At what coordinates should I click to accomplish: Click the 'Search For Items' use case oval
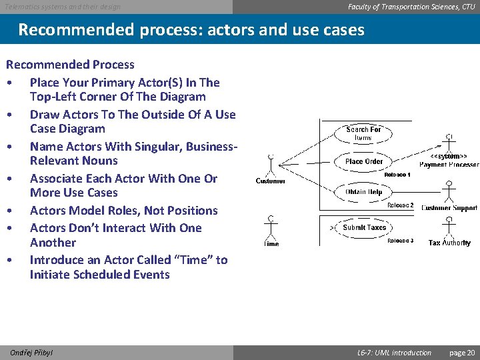[363, 133]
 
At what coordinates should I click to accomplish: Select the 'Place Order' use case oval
[364, 161]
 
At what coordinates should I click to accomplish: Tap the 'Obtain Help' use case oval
[364, 193]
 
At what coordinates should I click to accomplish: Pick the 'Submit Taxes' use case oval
[364, 227]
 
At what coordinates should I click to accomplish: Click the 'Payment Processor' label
[449, 165]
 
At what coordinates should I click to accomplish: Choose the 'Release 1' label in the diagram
[397, 175]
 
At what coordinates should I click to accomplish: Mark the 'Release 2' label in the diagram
[400, 205]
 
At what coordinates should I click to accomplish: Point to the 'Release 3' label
[400, 241]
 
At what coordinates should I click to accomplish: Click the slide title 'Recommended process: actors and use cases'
[191, 30]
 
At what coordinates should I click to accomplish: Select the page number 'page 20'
[462, 353]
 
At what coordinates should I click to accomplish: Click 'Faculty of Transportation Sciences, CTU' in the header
[411, 7]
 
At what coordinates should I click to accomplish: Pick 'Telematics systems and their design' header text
[63, 7]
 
